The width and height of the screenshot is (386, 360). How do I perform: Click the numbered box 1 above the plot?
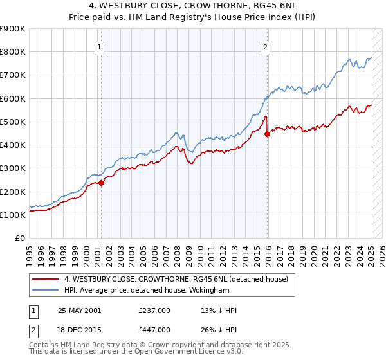pyautogui.click(x=100, y=46)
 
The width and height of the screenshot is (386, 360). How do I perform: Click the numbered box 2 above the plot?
pyautogui.click(x=265, y=46)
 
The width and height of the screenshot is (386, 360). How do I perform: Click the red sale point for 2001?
pyautogui.click(x=101, y=183)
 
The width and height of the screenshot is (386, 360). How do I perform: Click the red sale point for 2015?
pyautogui.click(x=268, y=134)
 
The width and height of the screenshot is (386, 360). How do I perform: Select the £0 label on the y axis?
pyautogui.click(x=19, y=239)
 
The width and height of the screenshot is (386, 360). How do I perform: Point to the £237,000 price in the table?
pyautogui.click(x=154, y=310)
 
